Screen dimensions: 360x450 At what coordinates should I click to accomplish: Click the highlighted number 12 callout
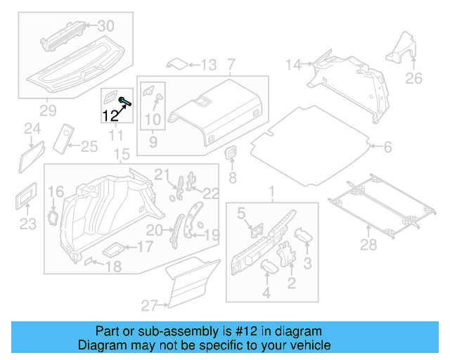[110, 116]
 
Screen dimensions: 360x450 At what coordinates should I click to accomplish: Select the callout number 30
[105, 26]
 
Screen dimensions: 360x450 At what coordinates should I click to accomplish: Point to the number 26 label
[414, 77]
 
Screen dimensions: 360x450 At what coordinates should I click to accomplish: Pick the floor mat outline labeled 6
[312, 140]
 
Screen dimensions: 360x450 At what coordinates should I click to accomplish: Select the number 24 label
[32, 128]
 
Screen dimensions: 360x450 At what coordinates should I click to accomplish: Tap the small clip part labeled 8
[230, 153]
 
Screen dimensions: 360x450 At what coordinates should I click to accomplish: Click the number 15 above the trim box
[122, 155]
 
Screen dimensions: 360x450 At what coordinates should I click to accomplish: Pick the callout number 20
[154, 230]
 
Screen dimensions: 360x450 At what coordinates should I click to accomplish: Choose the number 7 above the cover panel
[231, 65]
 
